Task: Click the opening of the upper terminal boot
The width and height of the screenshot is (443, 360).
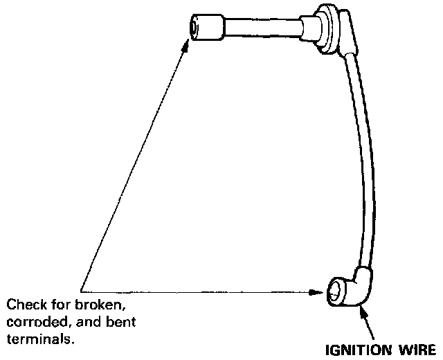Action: pos(195,27)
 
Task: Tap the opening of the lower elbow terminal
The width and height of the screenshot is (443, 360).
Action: pos(336,290)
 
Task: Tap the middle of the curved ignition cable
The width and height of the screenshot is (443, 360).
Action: pos(368,159)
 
